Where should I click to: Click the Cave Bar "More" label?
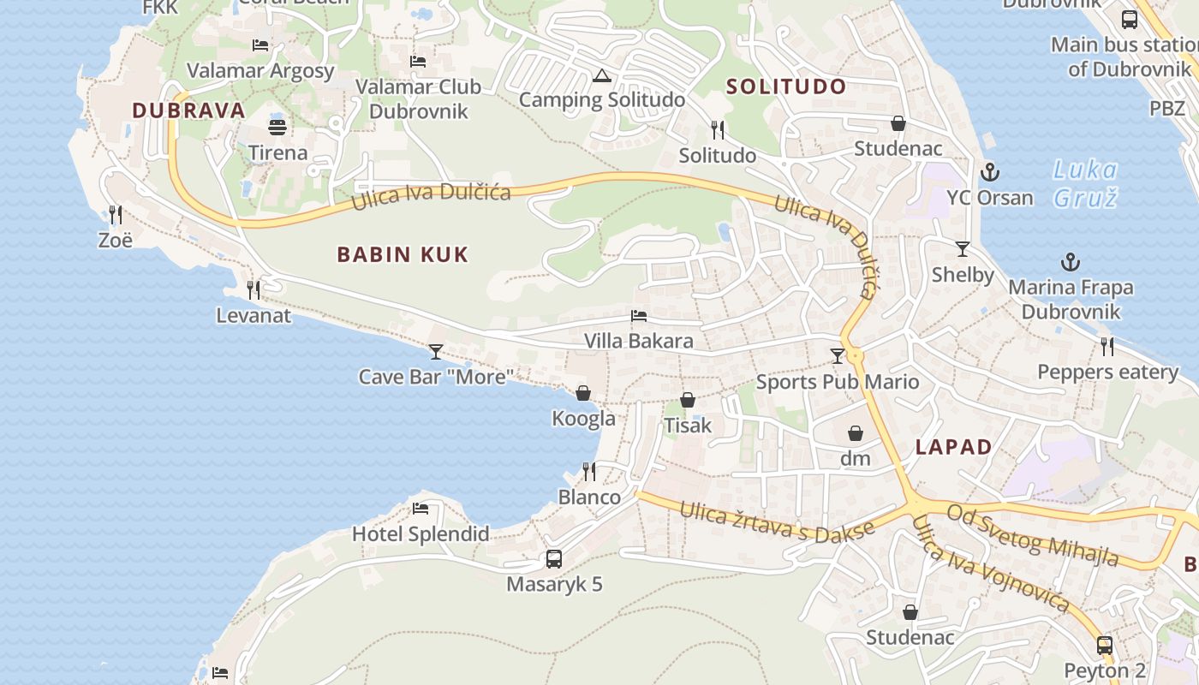click(436, 376)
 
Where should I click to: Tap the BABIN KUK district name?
click(403, 254)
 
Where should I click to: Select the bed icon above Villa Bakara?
click(639, 316)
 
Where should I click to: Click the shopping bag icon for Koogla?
click(583, 393)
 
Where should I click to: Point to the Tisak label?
click(688, 425)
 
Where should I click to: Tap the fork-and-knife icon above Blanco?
click(589, 472)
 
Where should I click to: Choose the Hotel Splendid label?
click(421, 534)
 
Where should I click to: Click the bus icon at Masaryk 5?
click(554, 559)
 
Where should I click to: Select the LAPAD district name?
click(953, 447)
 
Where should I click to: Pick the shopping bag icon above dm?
click(855, 433)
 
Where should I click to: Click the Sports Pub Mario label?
click(838, 382)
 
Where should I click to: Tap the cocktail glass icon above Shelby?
click(963, 249)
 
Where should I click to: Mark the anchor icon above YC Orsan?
click(990, 172)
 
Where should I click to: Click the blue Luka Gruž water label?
click(1085, 183)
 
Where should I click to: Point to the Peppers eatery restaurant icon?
click(1107, 346)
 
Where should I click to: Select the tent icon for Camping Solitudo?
click(602, 75)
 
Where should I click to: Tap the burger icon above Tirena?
click(277, 128)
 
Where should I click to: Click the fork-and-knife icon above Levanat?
click(254, 290)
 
